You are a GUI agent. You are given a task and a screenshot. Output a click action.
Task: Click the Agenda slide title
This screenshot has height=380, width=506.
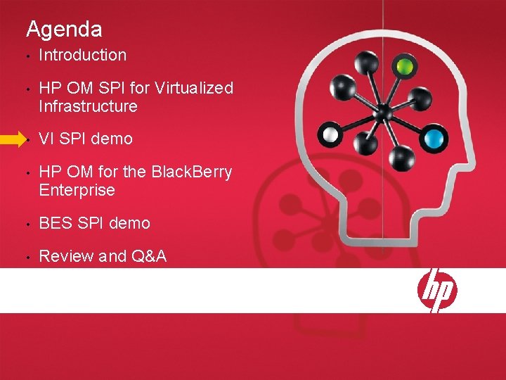[64, 30]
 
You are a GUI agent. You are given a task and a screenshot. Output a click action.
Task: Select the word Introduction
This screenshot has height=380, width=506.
[82, 55]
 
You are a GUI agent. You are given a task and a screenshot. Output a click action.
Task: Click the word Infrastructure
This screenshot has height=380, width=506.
[88, 106]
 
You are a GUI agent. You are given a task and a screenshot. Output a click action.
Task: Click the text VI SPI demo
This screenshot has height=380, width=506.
[85, 139]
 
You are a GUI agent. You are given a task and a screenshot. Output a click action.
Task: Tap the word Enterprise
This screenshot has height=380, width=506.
[77, 190]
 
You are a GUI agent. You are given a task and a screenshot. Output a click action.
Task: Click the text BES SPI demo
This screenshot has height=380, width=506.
[94, 223]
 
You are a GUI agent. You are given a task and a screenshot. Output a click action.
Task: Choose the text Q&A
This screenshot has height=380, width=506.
[149, 256]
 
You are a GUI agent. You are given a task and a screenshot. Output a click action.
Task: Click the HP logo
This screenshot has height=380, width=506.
[437, 290]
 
